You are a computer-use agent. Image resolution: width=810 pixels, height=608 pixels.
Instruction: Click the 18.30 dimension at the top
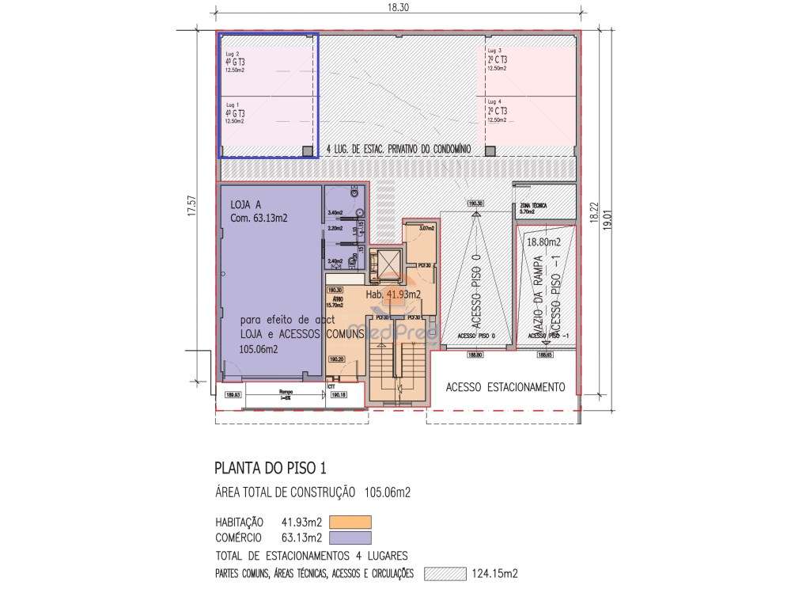point(398,6)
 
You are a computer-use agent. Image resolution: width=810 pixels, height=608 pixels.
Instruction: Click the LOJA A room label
point(245,203)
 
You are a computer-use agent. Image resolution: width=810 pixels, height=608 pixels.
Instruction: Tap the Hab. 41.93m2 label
point(393,294)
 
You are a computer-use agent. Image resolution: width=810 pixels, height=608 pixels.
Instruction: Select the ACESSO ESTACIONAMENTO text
point(505,387)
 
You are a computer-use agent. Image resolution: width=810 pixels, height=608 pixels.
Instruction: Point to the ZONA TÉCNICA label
point(531,207)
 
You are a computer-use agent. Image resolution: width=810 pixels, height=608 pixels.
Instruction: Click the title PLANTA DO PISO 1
point(265,467)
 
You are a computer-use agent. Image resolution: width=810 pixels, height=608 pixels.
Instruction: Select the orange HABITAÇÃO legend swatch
point(350,522)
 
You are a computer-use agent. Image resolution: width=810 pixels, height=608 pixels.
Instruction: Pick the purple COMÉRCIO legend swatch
point(350,538)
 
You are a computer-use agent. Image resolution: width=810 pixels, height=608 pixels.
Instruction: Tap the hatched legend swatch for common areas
point(445,574)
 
